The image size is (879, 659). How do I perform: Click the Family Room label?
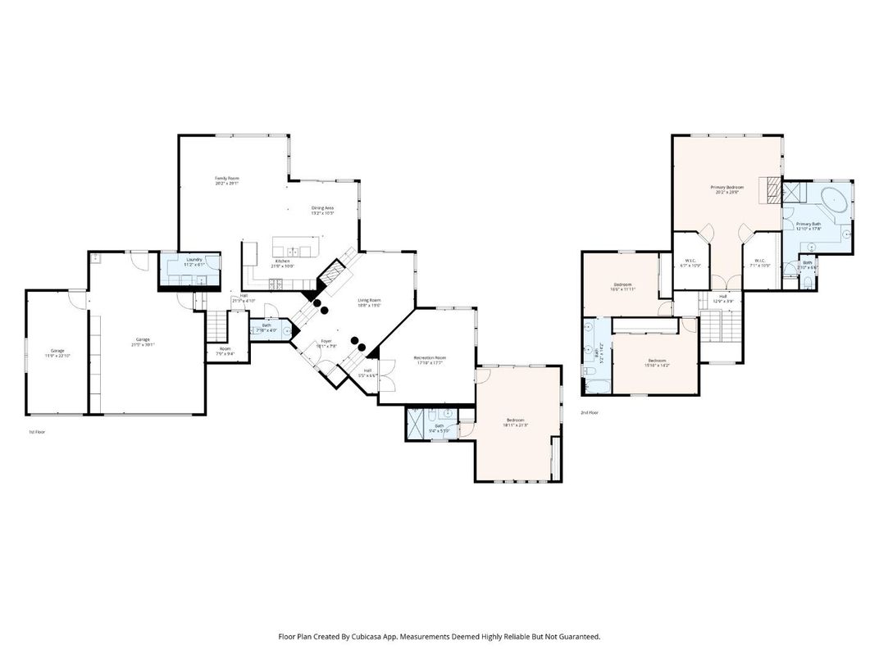227,180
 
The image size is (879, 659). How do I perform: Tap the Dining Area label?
322,210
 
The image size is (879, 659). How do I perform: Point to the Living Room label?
369,302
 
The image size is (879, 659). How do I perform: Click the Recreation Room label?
429,360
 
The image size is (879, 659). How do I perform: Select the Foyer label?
326,343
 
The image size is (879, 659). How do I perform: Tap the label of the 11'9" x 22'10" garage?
57,352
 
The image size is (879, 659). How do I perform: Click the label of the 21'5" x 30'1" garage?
143,342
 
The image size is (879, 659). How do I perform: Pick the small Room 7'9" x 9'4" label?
225,352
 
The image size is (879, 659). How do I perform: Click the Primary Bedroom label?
726,189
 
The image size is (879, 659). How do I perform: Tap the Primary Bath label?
808,226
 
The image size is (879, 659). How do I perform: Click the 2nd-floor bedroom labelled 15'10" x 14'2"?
657,363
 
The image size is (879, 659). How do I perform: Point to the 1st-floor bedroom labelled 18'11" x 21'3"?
517,422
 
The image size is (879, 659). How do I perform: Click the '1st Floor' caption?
36,431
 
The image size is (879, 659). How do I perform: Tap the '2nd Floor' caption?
590,412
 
